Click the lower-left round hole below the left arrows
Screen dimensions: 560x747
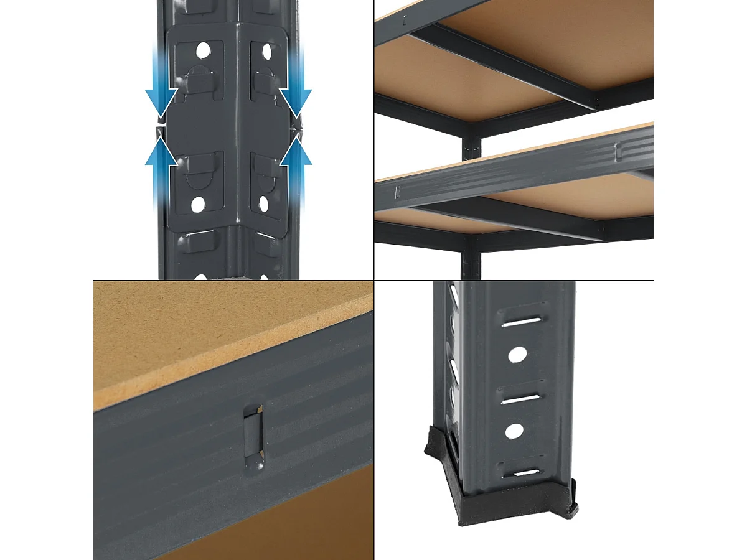[197, 205]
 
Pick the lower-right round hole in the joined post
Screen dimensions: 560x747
[263, 203]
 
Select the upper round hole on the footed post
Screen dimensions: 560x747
[517, 355]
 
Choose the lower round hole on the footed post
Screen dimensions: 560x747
[514, 431]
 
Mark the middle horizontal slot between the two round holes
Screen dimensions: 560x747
[519, 396]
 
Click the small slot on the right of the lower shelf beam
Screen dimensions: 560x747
[618, 151]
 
